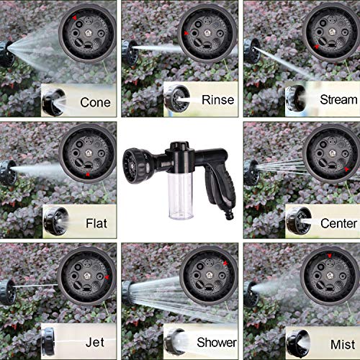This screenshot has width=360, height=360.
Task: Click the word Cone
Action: tap(95, 102)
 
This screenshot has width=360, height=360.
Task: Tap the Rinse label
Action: tap(217, 101)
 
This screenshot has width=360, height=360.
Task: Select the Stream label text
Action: tap(338, 101)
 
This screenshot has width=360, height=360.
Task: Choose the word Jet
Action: tap(94, 341)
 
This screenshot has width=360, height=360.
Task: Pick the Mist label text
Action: tap(338, 341)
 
